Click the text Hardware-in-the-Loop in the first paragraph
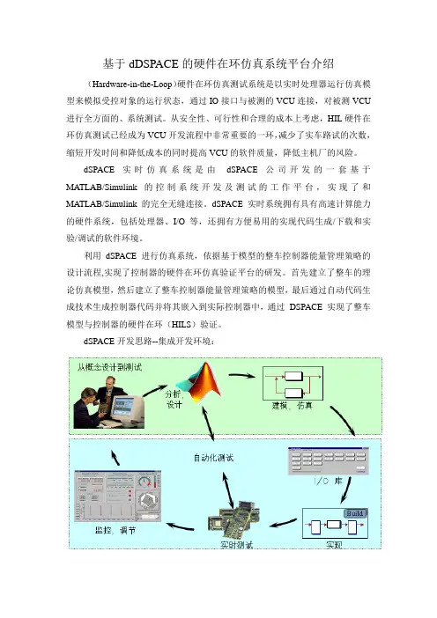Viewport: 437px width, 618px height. click(x=132, y=85)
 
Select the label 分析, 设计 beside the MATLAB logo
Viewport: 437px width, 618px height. click(x=174, y=400)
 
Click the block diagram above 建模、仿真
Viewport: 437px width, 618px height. click(x=293, y=383)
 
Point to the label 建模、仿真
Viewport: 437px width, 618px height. click(x=292, y=406)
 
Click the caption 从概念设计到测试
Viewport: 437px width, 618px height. click(x=109, y=367)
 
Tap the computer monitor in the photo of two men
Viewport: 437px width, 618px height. click(x=125, y=408)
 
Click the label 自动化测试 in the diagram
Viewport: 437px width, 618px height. click(x=213, y=458)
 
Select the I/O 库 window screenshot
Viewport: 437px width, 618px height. click(x=328, y=460)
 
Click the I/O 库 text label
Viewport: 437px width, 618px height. click(x=328, y=481)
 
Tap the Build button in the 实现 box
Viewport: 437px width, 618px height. click(x=355, y=513)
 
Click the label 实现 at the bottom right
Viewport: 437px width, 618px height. click(x=334, y=545)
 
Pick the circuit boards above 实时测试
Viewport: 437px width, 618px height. click(x=233, y=519)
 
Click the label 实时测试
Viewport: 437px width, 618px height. click(x=236, y=545)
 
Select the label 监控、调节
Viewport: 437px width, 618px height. click(x=115, y=531)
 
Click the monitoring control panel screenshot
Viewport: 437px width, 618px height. click(x=117, y=497)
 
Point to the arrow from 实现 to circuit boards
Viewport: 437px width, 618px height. click(x=283, y=523)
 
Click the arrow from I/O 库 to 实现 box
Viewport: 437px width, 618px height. click(x=345, y=489)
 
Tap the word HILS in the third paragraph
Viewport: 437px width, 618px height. click(x=183, y=325)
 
